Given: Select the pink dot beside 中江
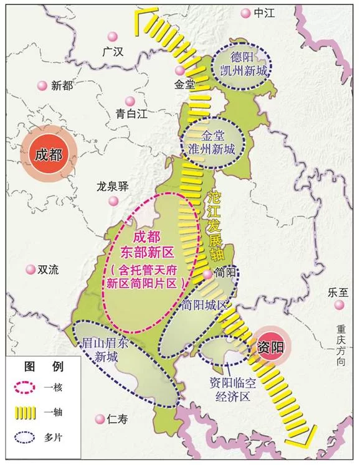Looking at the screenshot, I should tap(245, 13).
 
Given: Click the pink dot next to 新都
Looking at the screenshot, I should tap(42, 86).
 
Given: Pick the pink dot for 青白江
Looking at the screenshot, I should tap(130, 100).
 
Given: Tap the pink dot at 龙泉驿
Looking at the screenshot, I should tap(113, 200).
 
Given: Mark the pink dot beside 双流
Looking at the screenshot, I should tap(30, 270).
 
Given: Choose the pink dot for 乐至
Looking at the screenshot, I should tap(339, 305).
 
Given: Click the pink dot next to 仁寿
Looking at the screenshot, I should tap(98, 419).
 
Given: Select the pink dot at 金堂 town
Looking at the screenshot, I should tap(179, 71).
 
